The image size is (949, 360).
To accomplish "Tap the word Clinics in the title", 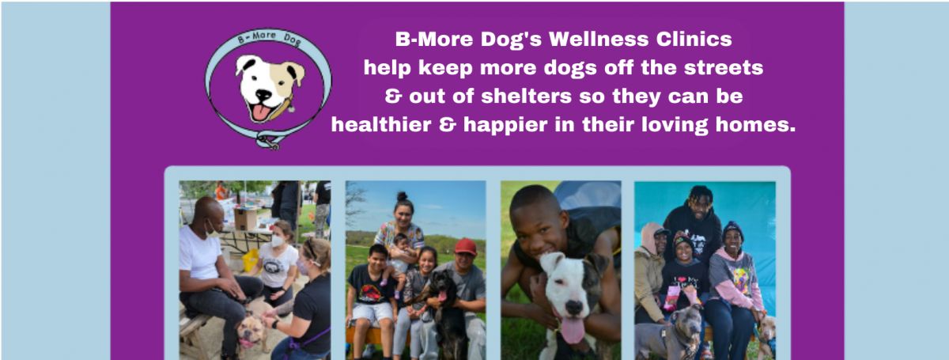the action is pos(694,39).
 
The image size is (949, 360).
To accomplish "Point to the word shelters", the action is pos(526,97).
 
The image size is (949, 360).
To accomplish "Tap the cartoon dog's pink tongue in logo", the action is pos(260,112).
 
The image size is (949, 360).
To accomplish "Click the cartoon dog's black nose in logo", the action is pos(263,95).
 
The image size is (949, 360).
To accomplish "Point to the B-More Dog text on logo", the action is pos(270,38).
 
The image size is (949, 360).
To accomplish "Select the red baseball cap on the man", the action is pos(465,246).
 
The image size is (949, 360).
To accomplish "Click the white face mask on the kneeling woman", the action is pos(278,241).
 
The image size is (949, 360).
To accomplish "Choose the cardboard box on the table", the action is pos(245,219).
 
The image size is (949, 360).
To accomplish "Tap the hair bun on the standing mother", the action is pos(402,196).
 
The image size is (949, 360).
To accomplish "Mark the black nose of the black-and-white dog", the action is pos(574,308).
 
